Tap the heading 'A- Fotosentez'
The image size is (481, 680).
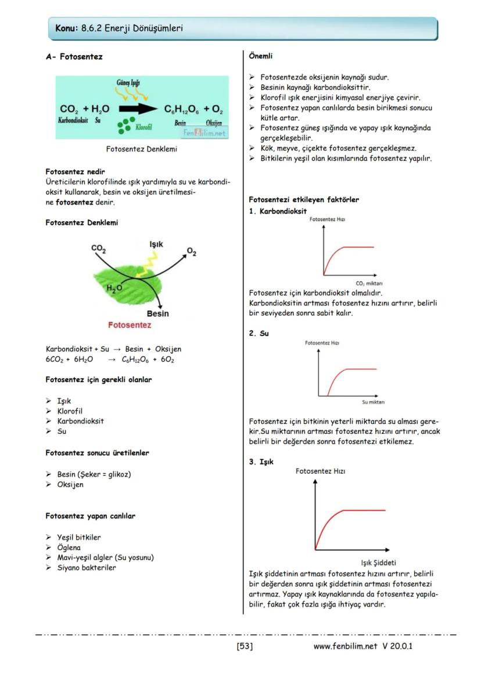click(74, 57)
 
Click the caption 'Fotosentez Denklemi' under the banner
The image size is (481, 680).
click(141, 149)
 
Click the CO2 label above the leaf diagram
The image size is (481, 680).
click(99, 249)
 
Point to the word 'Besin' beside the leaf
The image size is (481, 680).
click(157, 314)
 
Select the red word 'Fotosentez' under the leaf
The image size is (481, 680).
click(130, 325)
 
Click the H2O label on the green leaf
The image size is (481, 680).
click(114, 287)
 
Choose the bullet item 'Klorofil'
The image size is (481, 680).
click(70, 411)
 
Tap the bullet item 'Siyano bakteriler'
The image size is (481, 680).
click(86, 568)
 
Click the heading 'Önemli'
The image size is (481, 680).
click(260, 56)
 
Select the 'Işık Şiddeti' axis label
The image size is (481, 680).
click(378, 563)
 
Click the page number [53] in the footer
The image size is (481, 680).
click(244, 646)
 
